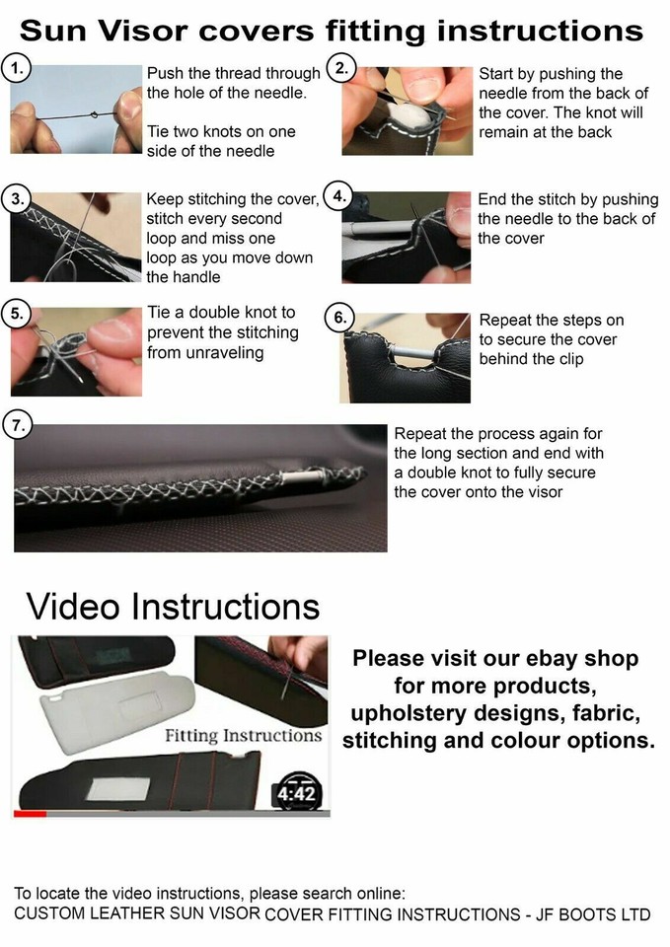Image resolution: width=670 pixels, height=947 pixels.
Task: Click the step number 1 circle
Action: coord(17,69)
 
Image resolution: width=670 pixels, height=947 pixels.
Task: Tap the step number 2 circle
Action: coord(340,69)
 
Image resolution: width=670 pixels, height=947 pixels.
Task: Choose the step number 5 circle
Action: coord(17,315)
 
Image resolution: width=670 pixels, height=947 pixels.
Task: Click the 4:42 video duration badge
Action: coord(297,792)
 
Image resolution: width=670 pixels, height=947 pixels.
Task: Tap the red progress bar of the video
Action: coord(30,814)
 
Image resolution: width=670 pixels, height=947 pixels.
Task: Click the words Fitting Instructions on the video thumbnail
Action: coord(243,736)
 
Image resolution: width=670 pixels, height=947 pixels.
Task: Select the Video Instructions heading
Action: coord(173,605)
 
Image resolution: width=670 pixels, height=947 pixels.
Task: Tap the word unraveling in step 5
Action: coord(224,352)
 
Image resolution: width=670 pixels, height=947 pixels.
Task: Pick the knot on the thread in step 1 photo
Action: coord(94,114)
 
